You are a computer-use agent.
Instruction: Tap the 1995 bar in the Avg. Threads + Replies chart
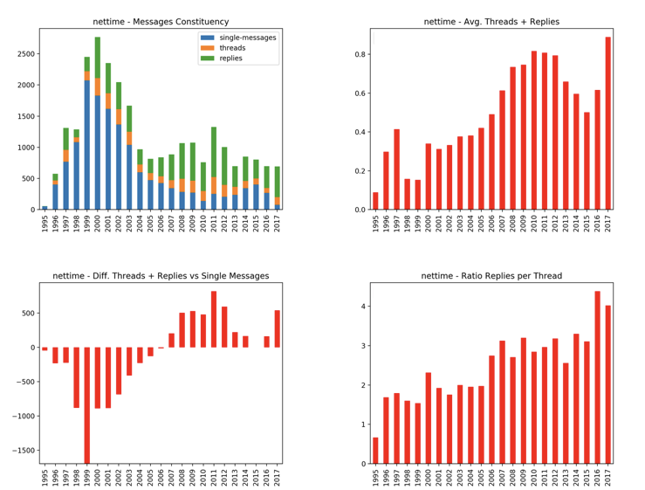[375, 201]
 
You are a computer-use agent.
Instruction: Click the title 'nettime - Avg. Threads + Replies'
[491, 20]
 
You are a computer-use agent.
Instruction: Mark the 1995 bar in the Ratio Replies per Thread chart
[375, 450]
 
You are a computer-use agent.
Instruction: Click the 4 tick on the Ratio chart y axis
[362, 307]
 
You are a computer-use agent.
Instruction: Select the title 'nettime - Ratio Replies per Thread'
[491, 276]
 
